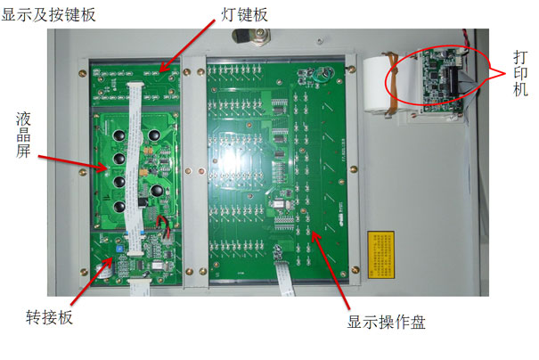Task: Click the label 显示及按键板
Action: tap(48, 15)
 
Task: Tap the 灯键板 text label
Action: tap(244, 14)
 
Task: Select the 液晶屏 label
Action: tap(23, 135)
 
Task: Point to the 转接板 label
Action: tap(49, 316)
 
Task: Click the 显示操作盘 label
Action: tap(387, 322)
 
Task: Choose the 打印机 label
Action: tap(520, 73)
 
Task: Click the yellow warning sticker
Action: tap(381, 255)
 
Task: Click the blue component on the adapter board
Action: tap(119, 249)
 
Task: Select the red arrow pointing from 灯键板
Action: tap(188, 45)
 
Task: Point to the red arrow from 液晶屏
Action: tap(73, 163)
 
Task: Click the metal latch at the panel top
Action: tap(251, 37)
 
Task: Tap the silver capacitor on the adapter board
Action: tap(104, 271)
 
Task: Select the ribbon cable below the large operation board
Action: tap(284, 278)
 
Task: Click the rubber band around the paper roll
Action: tap(393, 83)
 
